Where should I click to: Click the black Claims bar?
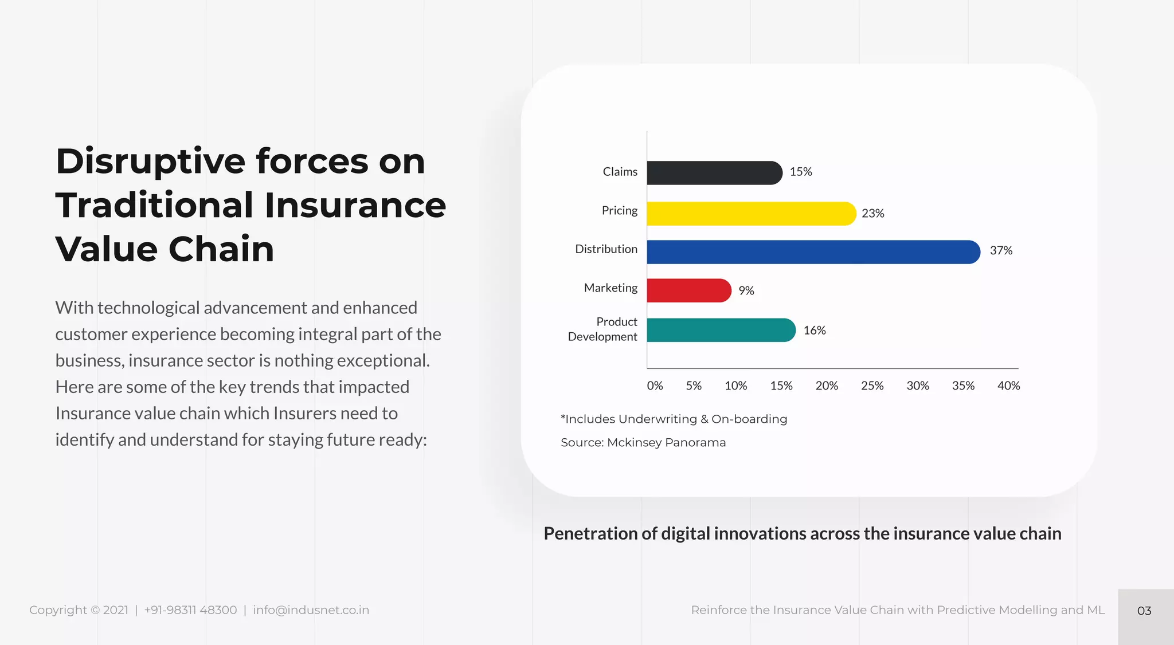click(714, 173)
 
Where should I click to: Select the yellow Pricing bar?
click(751, 214)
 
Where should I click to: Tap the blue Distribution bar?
click(813, 252)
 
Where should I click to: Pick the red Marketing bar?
click(688, 290)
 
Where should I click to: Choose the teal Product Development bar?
click(721, 330)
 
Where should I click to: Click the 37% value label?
click(1001, 250)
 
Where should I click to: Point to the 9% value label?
click(746, 291)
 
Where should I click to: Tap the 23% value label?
click(872, 214)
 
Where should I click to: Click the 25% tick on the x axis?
click(872, 386)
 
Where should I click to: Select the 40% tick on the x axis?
click(1008, 386)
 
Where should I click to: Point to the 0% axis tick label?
click(655, 386)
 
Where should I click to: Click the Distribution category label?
click(606, 249)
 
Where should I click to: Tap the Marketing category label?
click(611, 288)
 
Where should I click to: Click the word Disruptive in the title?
click(151, 162)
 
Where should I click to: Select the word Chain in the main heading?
click(221, 250)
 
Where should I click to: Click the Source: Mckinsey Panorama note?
click(643, 443)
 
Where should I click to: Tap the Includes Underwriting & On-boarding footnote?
click(674, 419)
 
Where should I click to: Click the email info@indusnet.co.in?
click(311, 610)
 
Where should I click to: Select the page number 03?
click(1144, 611)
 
